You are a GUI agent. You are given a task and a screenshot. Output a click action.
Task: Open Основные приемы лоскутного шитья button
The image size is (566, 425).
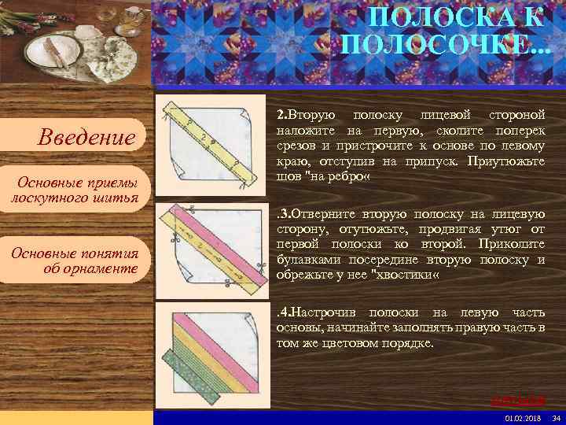75,190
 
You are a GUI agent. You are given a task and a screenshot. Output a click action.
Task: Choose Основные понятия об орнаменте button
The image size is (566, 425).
75,261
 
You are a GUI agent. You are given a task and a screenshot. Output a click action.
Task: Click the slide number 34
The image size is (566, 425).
556,417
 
